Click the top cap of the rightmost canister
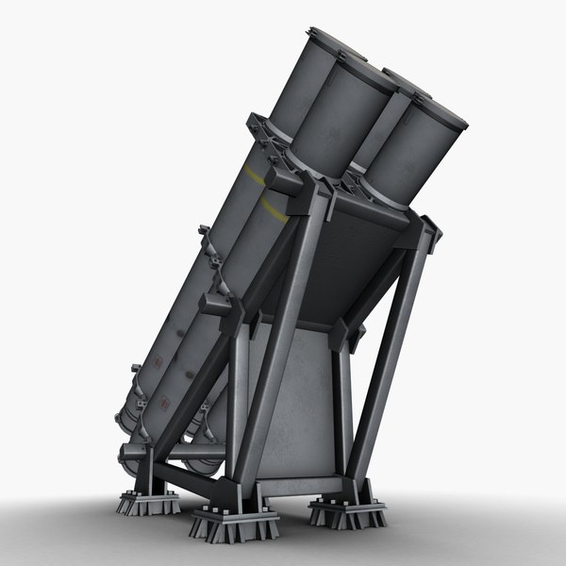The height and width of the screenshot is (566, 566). point(435,111)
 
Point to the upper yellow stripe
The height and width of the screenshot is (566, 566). point(253,175)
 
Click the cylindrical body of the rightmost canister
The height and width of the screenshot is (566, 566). point(410,156)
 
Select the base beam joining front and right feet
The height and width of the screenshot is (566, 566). point(297,491)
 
